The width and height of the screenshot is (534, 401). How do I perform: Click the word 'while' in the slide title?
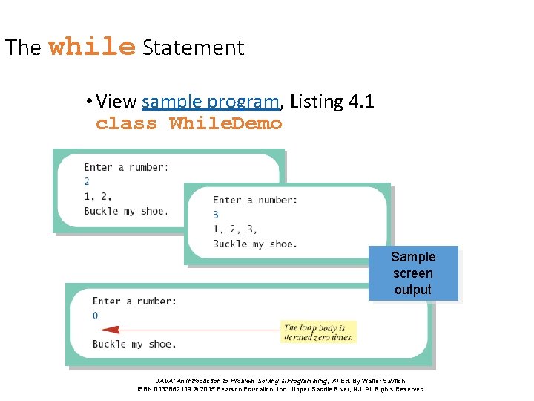click(x=92, y=48)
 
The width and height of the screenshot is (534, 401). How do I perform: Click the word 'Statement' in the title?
click(x=193, y=48)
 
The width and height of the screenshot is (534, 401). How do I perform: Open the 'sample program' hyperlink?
click(x=211, y=101)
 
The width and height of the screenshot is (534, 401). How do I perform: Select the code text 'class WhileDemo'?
click(x=189, y=123)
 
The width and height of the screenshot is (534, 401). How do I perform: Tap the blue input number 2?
click(x=87, y=181)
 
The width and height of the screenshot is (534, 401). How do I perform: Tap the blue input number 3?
click(x=216, y=215)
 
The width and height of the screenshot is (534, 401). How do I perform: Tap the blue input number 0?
click(x=95, y=316)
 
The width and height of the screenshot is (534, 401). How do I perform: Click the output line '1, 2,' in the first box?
click(x=98, y=196)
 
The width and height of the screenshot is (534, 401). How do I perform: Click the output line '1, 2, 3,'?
click(x=235, y=229)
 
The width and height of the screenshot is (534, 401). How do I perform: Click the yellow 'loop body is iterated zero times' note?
click(x=319, y=332)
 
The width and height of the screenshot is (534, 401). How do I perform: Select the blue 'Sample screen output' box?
click(x=413, y=273)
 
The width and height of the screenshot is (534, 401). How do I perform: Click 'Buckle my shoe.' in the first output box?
click(x=125, y=211)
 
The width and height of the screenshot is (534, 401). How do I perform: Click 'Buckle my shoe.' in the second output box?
click(x=255, y=244)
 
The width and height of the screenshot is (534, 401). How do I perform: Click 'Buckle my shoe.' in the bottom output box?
click(x=134, y=344)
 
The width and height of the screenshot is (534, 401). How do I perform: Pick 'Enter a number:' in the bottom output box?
click(x=134, y=301)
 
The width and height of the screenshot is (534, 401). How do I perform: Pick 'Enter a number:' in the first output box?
click(x=125, y=167)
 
